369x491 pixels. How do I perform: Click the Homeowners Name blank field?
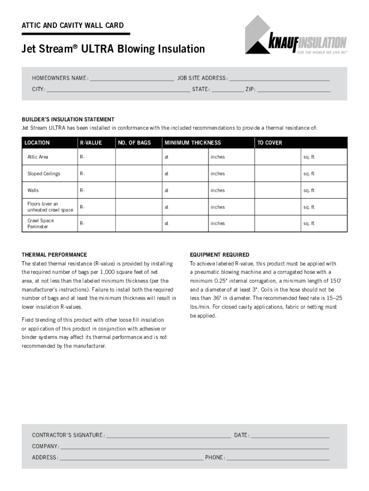(131, 79)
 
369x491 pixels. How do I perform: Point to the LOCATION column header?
(37, 143)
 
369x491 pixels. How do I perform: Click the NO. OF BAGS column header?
(135, 143)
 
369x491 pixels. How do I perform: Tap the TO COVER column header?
(270, 143)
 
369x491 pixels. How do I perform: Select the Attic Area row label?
(38, 157)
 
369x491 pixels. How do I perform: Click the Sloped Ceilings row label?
(44, 174)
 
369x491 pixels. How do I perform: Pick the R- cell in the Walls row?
(82, 190)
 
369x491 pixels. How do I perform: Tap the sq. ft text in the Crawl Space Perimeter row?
(309, 223)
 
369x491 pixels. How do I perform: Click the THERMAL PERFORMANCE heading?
(54, 255)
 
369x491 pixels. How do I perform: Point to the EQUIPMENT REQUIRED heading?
(219, 255)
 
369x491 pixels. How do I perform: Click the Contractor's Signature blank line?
(168, 436)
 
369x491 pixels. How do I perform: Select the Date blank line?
(290, 436)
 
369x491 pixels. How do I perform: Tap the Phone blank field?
(278, 458)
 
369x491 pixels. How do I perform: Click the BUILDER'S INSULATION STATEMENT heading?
(68, 119)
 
